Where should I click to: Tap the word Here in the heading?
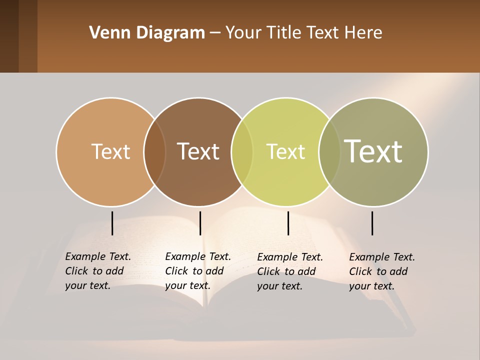(363, 33)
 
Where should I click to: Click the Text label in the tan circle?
(110, 151)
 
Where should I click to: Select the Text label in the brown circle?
(198, 151)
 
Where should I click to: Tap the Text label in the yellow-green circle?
(285, 151)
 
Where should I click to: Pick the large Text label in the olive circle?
(373, 151)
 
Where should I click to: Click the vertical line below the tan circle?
(112, 223)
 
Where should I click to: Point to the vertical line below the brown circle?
(200, 223)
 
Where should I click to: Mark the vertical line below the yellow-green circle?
(288, 223)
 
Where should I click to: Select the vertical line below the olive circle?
(372, 223)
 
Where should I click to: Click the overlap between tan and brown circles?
(155, 152)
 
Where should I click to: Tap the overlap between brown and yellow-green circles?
(242, 152)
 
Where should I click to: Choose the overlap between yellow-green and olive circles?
(330, 152)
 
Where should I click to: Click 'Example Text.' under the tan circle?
(98, 256)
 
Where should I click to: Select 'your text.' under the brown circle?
(187, 285)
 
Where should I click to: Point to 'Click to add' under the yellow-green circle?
(286, 271)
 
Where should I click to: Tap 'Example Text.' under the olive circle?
(382, 257)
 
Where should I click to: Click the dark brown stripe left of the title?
(9, 36)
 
